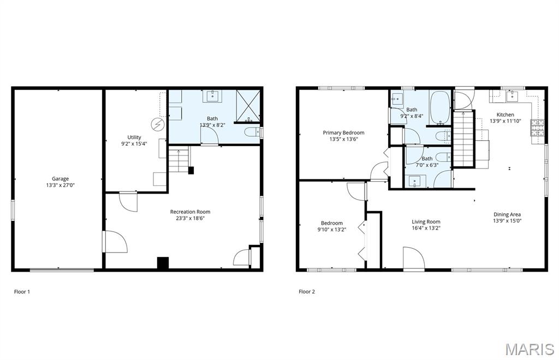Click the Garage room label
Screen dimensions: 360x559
[60, 178]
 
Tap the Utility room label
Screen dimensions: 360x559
[134, 137]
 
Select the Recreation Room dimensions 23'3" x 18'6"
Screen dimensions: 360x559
[190, 218]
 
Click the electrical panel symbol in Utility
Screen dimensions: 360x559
[157, 124]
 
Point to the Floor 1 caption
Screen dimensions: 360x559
[22, 292]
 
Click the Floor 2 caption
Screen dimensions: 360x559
[307, 292]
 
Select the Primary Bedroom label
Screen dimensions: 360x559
[343, 133]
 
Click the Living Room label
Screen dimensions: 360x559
[426, 221]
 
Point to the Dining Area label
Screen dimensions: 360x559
[507, 214]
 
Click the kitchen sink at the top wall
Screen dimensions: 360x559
[512, 97]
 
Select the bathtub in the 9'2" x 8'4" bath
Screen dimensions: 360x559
[439, 107]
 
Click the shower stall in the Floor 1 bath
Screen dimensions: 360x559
[247, 106]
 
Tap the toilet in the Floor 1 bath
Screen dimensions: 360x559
[253, 131]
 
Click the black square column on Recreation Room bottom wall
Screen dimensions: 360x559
[163, 262]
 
